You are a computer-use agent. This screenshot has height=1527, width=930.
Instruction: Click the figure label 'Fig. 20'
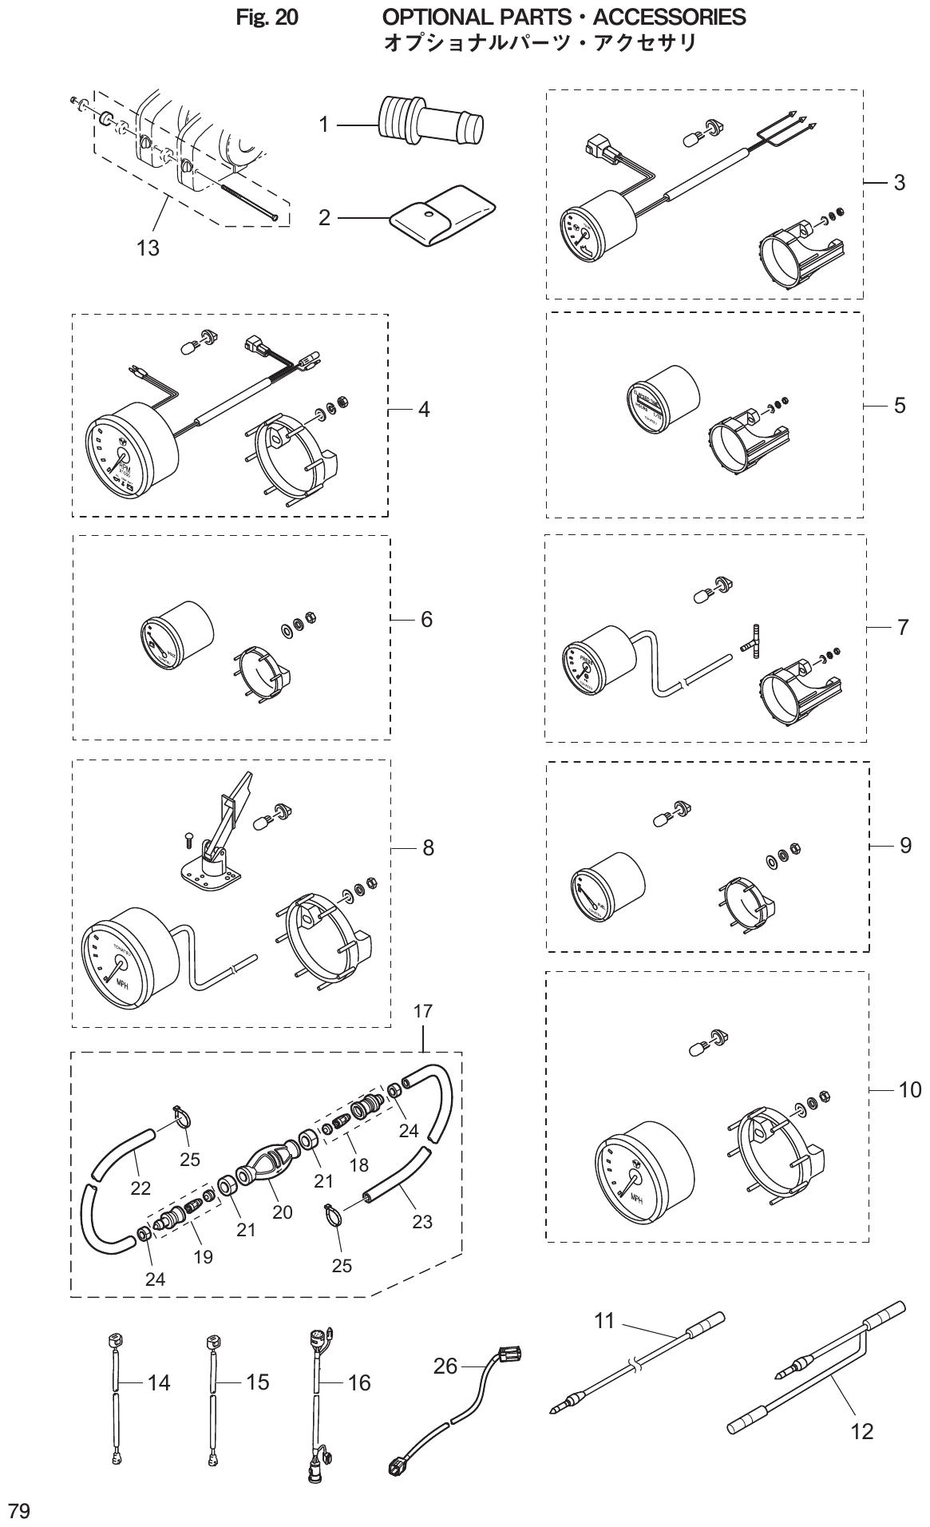click(267, 17)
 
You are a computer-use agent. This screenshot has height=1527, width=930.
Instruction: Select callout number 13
click(148, 248)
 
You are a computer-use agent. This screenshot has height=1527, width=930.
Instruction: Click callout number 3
click(899, 183)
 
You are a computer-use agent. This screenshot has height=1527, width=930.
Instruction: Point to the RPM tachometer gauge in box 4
click(128, 455)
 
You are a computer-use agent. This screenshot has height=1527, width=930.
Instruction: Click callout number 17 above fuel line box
click(422, 1011)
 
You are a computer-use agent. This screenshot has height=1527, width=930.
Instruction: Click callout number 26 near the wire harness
click(445, 1366)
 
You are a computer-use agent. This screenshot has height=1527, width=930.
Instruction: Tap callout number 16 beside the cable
click(359, 1382)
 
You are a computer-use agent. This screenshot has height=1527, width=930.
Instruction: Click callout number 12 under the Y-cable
click(862, 1432)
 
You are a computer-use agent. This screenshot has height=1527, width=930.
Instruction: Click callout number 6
click(426, 620)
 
